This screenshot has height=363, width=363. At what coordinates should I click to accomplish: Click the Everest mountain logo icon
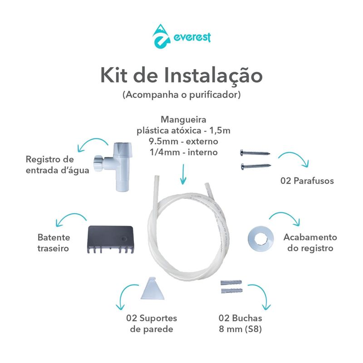coord(159,37)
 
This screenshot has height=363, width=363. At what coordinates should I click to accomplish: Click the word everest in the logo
coord(192,37)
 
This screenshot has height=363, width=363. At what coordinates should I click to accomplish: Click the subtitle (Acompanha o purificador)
coord(181,96)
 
